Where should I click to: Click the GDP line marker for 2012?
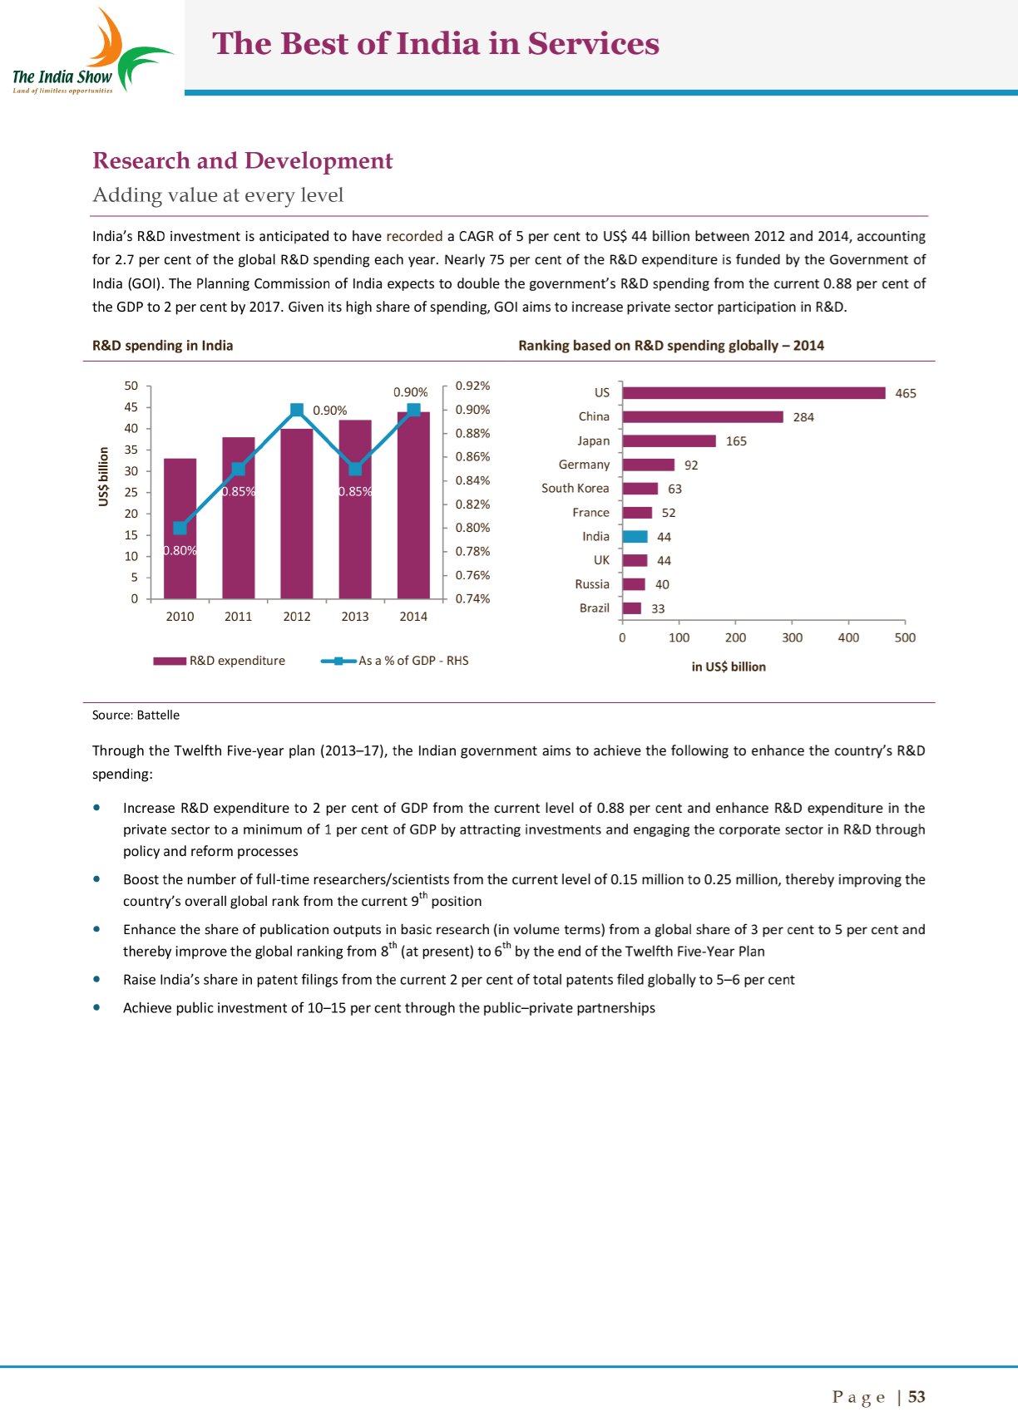tap(297, 410)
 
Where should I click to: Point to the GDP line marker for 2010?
tap(180, 528)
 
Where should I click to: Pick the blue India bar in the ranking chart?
tap(635, 537)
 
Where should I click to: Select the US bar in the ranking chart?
tap(754, 393)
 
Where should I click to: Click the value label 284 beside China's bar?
tap(803, 417)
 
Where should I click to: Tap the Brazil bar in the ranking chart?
tap(632, 608)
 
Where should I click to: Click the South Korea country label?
tap(575, 489)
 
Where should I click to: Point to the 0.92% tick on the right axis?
tap(472, 386)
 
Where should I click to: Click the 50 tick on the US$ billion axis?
tap(131, 386)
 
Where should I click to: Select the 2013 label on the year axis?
tap(355, 617)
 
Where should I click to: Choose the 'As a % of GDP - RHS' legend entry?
tap(395, 661)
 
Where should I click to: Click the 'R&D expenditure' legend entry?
tap(220, 661)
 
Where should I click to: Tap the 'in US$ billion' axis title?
tap(729, 667)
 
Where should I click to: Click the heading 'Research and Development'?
tap(243, 160)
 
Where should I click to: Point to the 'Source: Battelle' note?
tap(136, 715)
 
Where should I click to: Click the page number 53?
tap(917, 1397)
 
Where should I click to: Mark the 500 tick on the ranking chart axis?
tap(905, 637)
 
